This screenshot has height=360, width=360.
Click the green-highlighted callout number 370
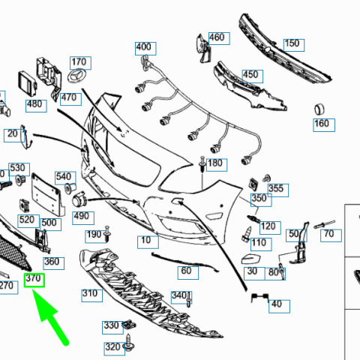(34, 280)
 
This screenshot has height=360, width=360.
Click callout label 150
(294, 45)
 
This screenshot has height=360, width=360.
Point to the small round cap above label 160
(319, 109)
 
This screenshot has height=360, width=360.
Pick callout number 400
(145, 49)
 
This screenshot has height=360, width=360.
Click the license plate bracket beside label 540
(47, 194)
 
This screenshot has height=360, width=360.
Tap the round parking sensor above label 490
(79, 200)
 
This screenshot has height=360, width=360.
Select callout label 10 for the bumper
(148, 242)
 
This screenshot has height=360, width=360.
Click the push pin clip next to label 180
(202, 164)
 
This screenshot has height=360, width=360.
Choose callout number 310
(91, 295)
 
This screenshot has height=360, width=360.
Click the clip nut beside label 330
(129, 325)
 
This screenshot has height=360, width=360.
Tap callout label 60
(188, 273)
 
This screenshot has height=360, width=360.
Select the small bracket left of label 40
(259, 297)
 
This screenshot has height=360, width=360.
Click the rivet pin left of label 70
(324, 224)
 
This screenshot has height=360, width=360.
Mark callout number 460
(219, 38)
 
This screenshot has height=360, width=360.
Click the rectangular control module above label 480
(27, 84)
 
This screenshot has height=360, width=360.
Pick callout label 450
(253, 76)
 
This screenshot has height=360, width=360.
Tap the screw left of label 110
(247, 234)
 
